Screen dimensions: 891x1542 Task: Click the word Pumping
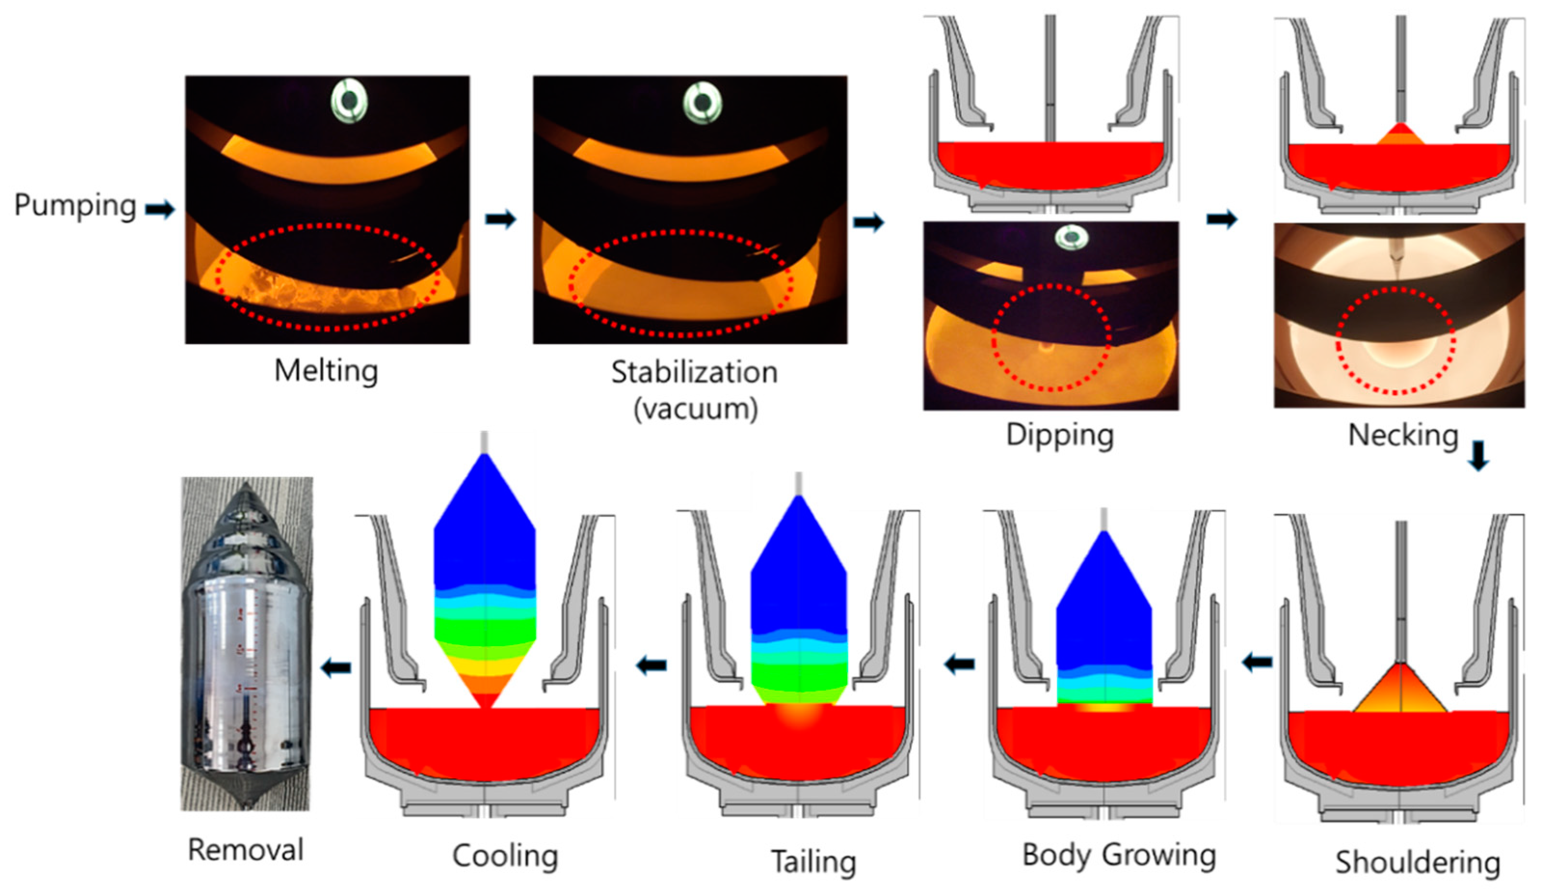pyautogui.click(x=75, y=206)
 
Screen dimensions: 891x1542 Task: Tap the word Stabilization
pyautogui.click(x=694, y=372)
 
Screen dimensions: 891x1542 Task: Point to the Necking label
pyautogui.click(x=1403, y=436)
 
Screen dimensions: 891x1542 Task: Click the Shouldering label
pyautogui.click(x=1417, y=862)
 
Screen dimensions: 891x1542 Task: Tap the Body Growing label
pyautogui.click(x=1118, y=855)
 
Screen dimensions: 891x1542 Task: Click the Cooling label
pyautogui.click(x=505, y=855)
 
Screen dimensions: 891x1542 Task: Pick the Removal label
pyautogui.click(x=245, y=850)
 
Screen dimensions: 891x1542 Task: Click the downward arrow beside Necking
pyautogui.click(x=1478, y=456)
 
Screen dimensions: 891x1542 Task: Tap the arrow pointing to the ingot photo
pyautogui.click(x=336, y=667)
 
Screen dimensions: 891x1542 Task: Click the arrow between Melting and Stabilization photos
pyautogui.click(x=501, y=219)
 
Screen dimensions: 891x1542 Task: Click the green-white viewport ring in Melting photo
pyautogui.click(x=349, y=100)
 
